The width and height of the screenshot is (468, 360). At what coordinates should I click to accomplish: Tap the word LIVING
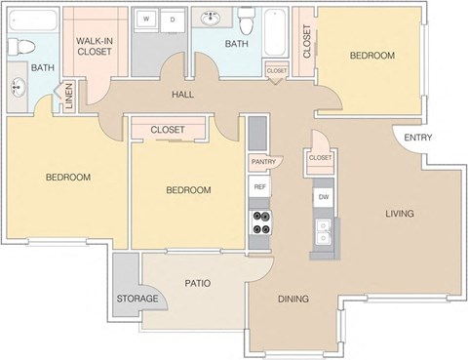pyautogui.click(x=399, y=214)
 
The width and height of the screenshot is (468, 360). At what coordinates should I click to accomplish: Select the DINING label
pyautogui.click(x=292, y=299)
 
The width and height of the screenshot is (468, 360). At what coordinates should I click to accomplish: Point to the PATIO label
pyautogui.click(x=198, y=284)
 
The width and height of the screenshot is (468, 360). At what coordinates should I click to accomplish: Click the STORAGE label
pyautogui.click(x=137, y=299)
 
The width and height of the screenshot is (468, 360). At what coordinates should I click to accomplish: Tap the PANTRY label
pyautogui.click(x=261, y=161)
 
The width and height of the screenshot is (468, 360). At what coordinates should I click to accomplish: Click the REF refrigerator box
pyautogui.click(x=259, y=186)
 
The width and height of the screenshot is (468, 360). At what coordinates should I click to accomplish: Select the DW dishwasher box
pyautogui.click(x=322, y=196)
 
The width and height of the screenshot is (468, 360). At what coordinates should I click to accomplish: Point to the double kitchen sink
pyautogui.click(x=323, y=232)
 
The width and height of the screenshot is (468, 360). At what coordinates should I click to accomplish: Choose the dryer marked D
pyautogui.click(x=173, y=20)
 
